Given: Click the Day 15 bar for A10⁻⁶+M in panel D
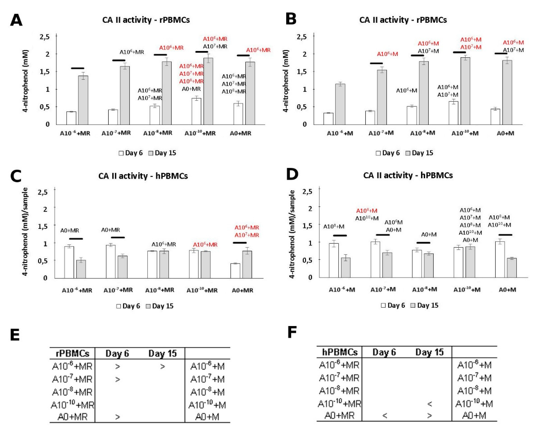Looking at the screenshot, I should [x=345, y=267].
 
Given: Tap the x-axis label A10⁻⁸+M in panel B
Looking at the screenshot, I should [x=422, y=133].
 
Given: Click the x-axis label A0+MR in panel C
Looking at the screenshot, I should [x=242, y=290].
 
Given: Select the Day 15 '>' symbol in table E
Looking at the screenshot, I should [x=163, y=367].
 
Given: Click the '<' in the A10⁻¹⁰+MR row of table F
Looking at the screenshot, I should [x=430, y=404].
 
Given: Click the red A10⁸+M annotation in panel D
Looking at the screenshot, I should [x=367, y=211].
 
